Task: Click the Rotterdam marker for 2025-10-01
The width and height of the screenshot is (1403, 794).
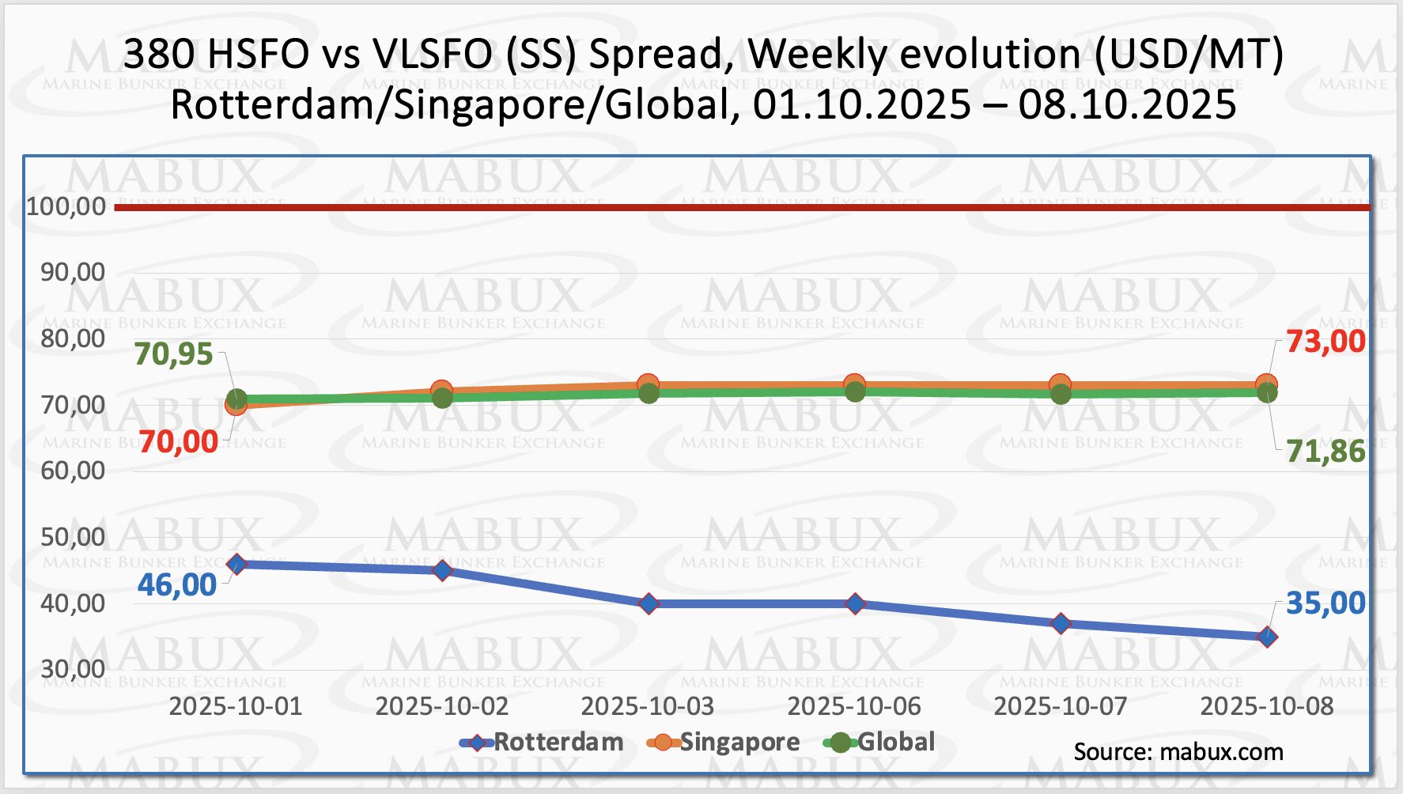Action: [x=236, y=564]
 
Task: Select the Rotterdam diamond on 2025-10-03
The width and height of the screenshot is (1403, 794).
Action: [x=649, y=603]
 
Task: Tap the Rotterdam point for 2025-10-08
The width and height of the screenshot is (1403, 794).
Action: [x=1267, y=637]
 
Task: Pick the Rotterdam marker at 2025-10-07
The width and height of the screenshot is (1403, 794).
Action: [x=1061, y=623]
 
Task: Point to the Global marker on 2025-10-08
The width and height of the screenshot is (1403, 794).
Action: [x=1267, y=393]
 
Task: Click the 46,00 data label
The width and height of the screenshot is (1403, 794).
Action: [x=177, y=585]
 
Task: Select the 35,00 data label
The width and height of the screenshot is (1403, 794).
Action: [x=1325, y=603]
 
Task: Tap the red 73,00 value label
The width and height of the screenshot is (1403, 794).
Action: [x=1325, y=342]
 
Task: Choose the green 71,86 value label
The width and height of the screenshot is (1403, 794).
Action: [x=1325, y=452]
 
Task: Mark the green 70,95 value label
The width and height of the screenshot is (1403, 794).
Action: [x=173, y=354]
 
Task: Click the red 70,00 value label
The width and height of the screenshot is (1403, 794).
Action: [x=178, y=442]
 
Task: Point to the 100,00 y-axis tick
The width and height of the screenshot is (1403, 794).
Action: [x=66, y=206]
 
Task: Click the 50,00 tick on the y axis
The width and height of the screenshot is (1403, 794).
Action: [x=73, y=537]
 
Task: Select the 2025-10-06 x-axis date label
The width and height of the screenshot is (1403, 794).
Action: [x=854, y=706]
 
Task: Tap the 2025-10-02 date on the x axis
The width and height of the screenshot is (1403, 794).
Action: [x=442, y=706]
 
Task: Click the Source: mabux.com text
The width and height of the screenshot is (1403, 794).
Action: [x=1178, y=752]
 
